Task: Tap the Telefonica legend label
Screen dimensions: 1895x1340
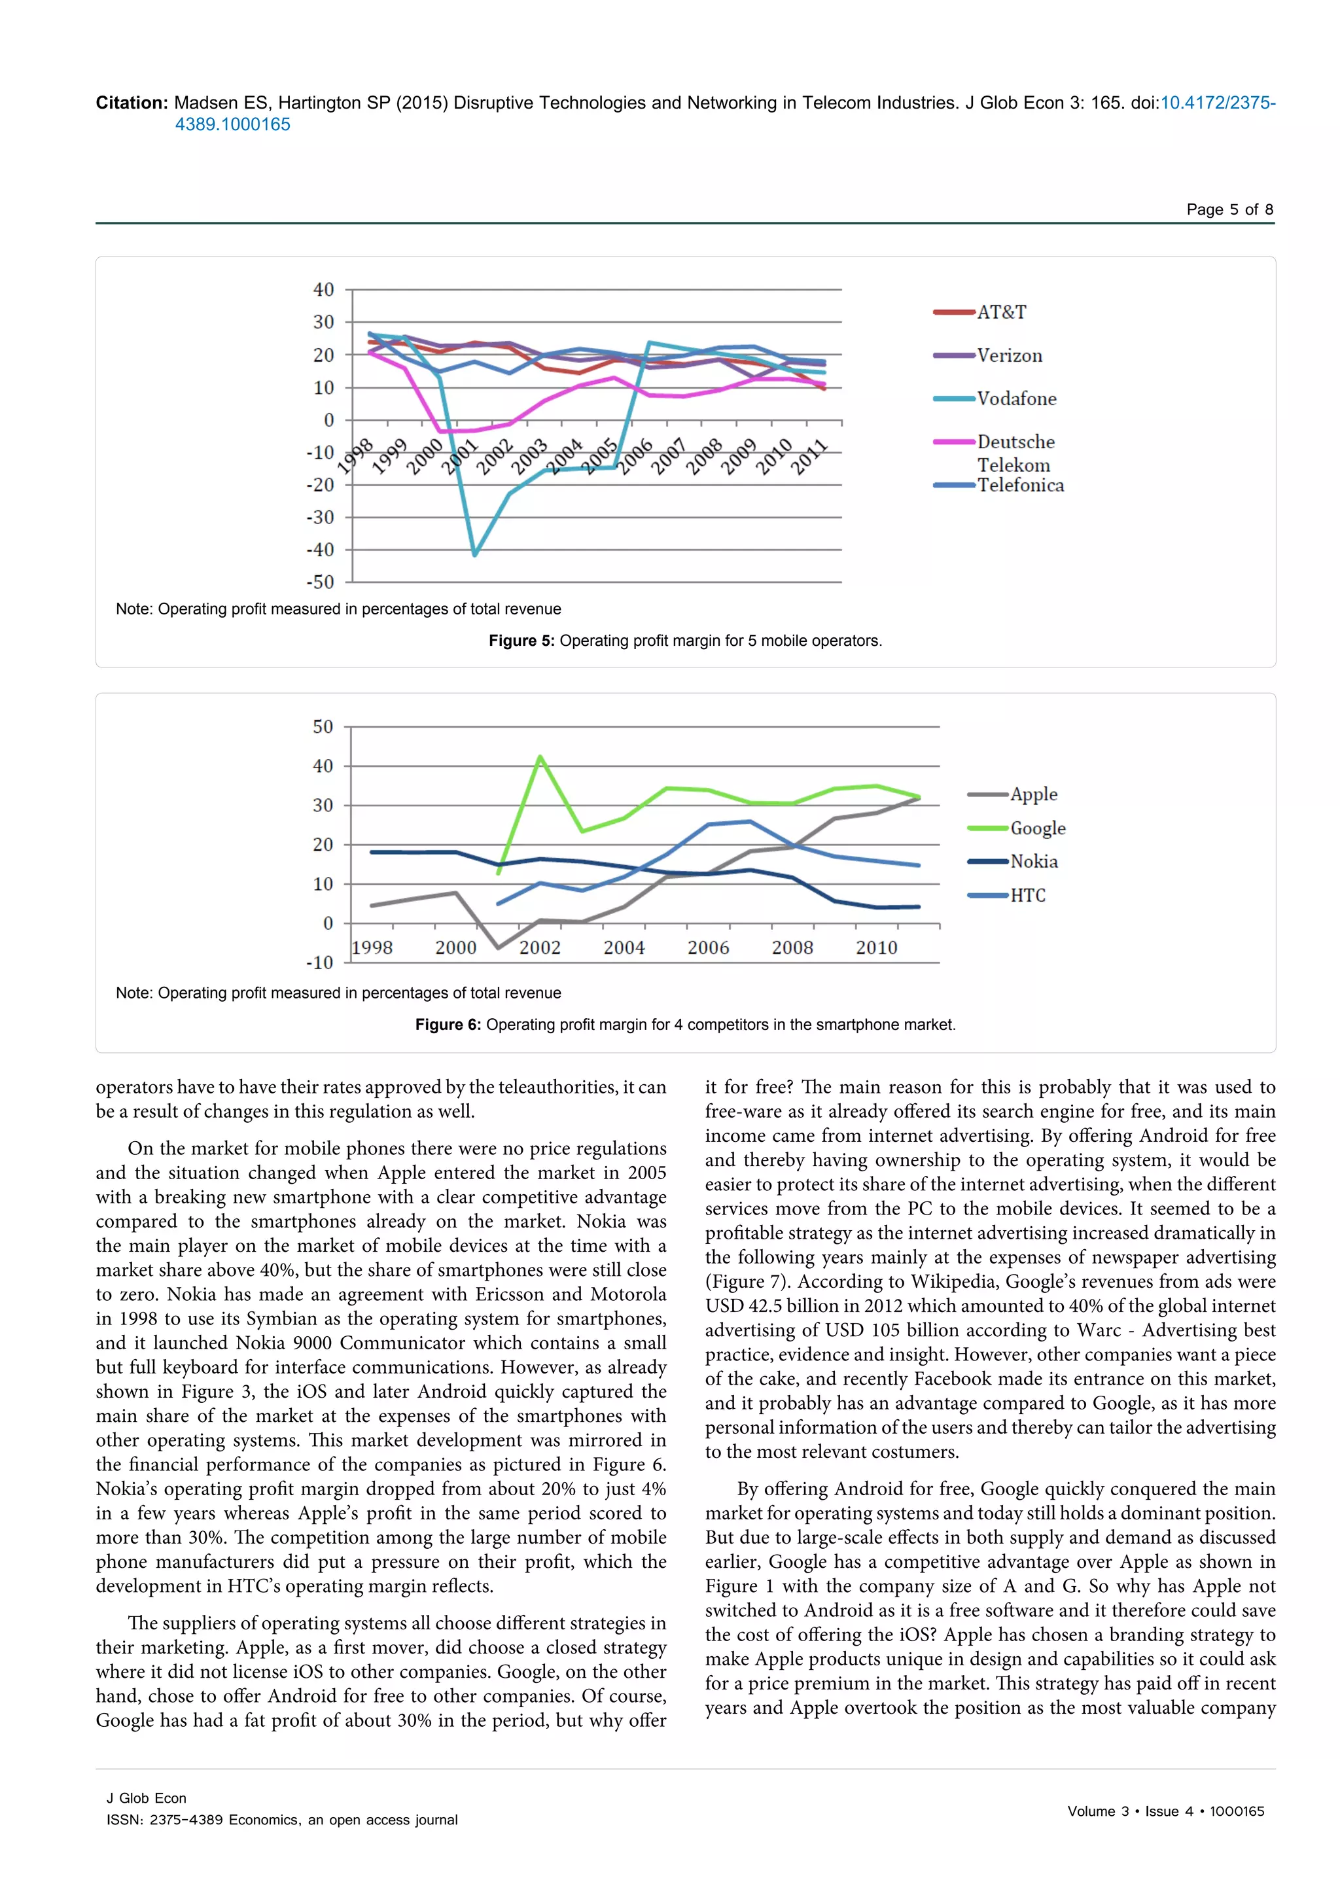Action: coord(1021,486)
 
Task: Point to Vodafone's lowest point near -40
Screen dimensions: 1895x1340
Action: coord(474,554)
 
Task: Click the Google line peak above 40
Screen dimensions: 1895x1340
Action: coord(540,757)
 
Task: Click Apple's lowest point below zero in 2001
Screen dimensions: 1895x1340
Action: coord(497,947)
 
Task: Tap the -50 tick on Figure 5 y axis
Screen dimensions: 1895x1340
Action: coord(320,582)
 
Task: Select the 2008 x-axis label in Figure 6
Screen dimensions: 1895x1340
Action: coord(792,947)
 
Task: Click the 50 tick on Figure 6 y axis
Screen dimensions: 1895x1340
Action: coord(323,727)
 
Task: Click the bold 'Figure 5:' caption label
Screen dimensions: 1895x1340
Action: coord(521,641)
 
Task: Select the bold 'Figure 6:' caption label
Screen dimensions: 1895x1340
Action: coord(448,1024)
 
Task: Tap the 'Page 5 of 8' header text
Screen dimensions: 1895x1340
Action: coord(1229,209)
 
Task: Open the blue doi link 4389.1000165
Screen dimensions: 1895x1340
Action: coord(233,124)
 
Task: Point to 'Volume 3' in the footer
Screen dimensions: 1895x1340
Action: coord(1097,1811)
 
